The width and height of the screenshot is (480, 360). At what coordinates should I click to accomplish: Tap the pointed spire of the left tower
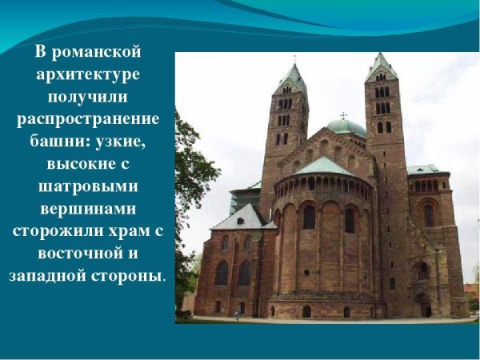[293, 77]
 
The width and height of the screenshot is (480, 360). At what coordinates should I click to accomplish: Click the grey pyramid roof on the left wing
[239, 216]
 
